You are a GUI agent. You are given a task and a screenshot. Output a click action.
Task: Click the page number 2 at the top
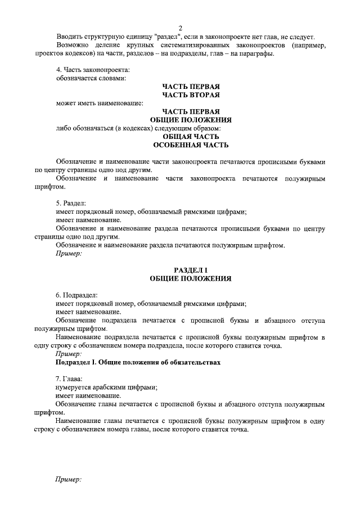[x=181, y=28]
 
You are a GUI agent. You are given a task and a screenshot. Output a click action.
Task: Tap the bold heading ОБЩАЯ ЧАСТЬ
[x=191, y=136]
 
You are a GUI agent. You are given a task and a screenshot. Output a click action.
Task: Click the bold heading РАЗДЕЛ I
[x=191, y=270]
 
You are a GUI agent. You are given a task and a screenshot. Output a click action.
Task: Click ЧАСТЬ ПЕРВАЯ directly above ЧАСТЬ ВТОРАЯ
[x=191, y=86]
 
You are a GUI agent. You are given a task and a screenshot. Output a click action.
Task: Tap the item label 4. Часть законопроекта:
[x=92, y=70]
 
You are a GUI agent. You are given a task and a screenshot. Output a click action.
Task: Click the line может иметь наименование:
[x=99, y=103]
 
